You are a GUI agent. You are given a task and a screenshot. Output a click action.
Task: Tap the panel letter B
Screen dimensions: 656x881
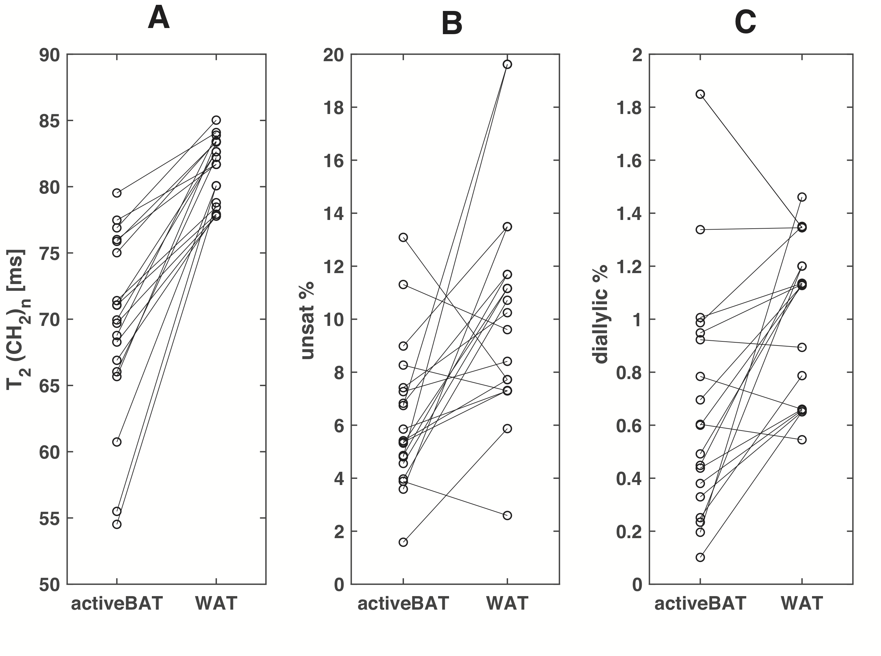tap(452, 23)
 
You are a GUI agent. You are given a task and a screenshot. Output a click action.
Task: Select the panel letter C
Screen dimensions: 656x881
tap(745, 22)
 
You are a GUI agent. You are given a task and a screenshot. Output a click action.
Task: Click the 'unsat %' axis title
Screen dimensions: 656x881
tap(307, 321)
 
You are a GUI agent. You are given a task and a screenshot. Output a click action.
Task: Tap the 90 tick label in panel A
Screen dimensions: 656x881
tap(49, 55)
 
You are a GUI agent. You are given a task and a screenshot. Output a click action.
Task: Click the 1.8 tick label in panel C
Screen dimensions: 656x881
tap(629, 108)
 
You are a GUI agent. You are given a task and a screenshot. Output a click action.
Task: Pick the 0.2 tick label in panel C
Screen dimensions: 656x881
tap(629, 532)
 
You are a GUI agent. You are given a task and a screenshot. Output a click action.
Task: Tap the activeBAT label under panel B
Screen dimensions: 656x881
tap(403, 603)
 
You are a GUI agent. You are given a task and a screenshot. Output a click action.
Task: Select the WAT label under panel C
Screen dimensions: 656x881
tap(802, 603)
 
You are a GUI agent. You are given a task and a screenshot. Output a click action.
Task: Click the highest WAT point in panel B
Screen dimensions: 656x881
tap(507, 64)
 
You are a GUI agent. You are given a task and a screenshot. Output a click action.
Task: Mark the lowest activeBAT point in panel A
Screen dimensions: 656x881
tap(117, 525)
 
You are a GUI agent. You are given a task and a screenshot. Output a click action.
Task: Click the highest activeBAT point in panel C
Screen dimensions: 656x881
tap(700, 94)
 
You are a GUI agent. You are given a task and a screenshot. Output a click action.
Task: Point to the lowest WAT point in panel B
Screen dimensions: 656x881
tap(507, 515)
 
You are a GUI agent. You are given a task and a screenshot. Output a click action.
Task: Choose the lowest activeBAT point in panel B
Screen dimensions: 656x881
tap(403, 542)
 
